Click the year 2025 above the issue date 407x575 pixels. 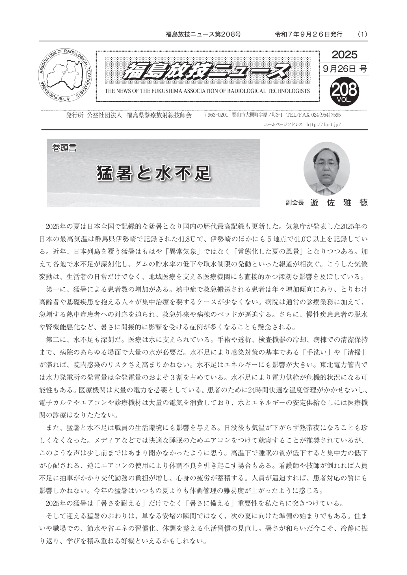tap(344, 54)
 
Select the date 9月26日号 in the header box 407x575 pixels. tap(344, 69)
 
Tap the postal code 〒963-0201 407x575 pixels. tap(215, 115)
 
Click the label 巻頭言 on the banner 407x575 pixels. tap(64, 148)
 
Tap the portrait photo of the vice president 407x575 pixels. tap(326, 169)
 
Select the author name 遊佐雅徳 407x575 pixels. tap(339, 203)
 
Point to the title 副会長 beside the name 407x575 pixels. tap(295, 203)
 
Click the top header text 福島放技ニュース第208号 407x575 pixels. tap(203, 34)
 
